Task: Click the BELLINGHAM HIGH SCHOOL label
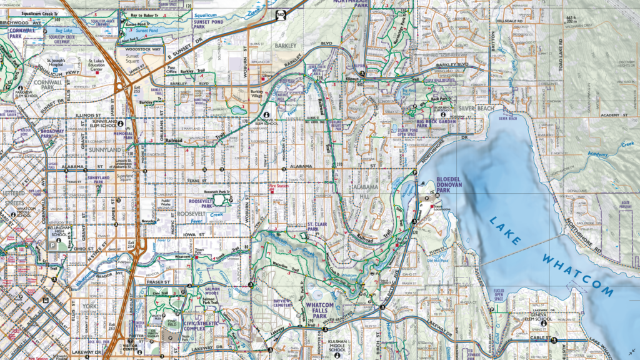pyautogui.click(x=60, y=232)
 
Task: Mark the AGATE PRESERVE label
pyautogui.click(x=625, y=205)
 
